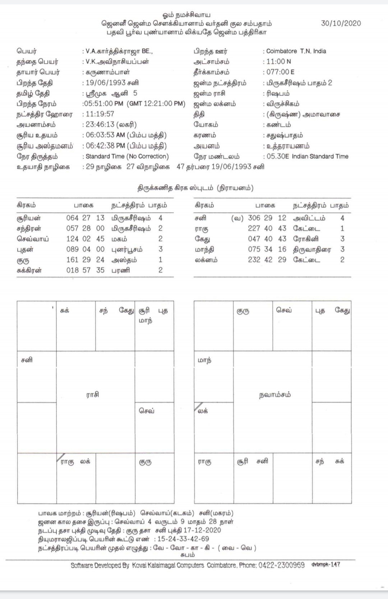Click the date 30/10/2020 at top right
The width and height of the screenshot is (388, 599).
(341, 23)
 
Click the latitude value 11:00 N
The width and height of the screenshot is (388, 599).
(278, 61)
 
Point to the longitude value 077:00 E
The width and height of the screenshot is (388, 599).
(280, 72)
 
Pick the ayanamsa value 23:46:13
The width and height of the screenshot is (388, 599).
(100, 125)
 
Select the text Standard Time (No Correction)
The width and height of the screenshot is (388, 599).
(127, 156)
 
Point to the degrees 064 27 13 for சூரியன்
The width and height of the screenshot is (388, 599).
(85, 218)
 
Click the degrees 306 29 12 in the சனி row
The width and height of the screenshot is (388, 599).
(267, 218)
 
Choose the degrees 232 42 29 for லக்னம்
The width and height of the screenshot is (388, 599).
(267, 260)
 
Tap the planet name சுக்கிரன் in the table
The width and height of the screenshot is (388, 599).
(29, 270)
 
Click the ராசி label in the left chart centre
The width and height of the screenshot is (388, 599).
(92, 394)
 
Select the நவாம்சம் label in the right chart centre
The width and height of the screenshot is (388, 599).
(275, 395)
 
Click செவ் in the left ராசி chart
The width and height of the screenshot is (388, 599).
(147, 411)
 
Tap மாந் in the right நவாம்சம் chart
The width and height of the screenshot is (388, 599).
(204, 360)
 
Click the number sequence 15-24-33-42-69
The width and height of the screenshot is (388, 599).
(183, 539)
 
